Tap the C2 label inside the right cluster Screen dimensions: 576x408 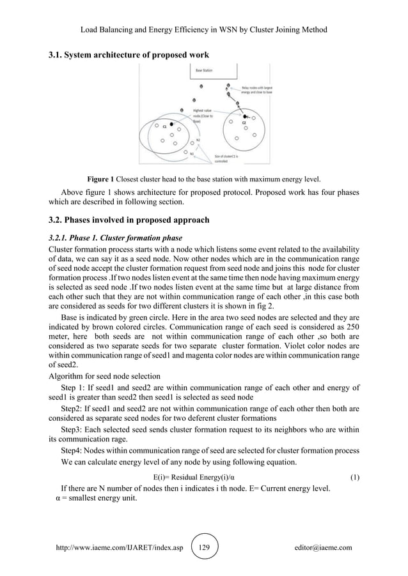(x=244, y=122)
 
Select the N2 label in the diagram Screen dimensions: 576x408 (x=198, y=140)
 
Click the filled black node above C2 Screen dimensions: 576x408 (x=246, y=116)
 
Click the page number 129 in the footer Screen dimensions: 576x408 (x=205, y=548)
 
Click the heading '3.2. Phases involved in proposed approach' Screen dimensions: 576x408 (x=130, y=221)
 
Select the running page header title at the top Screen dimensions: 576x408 (x=204, y=29)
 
